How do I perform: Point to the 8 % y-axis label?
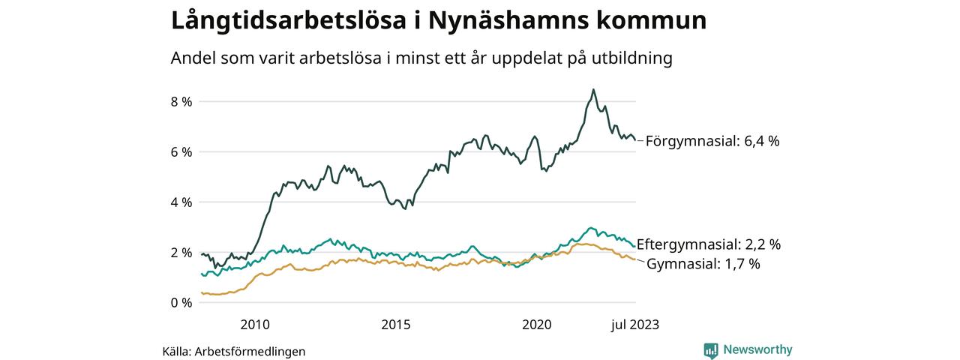[x=182, y=101]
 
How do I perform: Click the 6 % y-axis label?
[x=182, y=151]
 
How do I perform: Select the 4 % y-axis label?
[x=182, y=202]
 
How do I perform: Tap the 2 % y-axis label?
[x=182, y=252]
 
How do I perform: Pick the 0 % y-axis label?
[x=182, y=302]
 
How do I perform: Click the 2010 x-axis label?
[x=254, y=324]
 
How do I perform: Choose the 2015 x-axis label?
[x=395, y=324]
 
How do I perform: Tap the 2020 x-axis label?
[x=537, y=324]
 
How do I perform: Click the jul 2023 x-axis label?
[x=635, y=324]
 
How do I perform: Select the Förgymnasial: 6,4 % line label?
[x=712, y=140]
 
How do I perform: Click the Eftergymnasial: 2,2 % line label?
[x=708, y=244]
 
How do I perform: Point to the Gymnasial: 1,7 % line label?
[x=703, y=264]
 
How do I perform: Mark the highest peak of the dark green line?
[x=593, y=90]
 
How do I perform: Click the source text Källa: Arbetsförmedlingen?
[x=234, y=351]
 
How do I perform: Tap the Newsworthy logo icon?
[x=711, y=350]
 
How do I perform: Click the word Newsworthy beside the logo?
[x=757, y=349]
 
